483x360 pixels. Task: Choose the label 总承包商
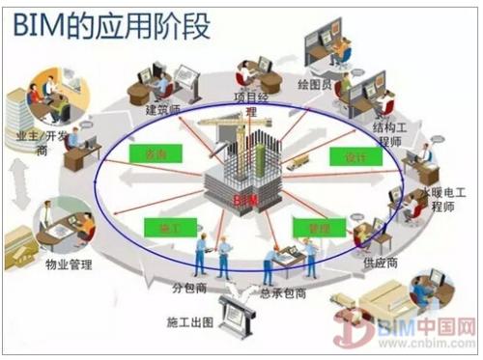(x=283, y=291)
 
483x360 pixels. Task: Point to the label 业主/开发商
(x=36, y=145)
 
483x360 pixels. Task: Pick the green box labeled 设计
(x=349, y=157)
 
